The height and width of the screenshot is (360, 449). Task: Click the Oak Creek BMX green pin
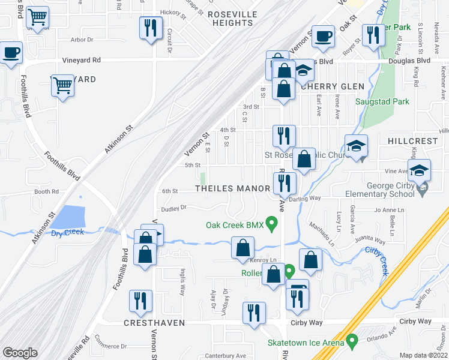(x=271, y=226)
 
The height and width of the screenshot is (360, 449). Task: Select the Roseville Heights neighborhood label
(x=232, y=19)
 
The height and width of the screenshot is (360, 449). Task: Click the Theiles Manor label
(x=233, y=188)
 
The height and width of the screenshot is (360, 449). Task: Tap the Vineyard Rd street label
(x=82, y=60)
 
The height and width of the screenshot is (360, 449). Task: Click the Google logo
(x=20, y=353)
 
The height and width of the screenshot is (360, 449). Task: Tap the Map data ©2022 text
(x=424, y=355)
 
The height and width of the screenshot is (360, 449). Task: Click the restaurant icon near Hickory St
(x=151, y=28)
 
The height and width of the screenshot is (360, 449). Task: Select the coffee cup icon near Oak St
(x=323, y=36)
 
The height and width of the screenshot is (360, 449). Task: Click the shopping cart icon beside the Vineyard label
(x=62, y=86)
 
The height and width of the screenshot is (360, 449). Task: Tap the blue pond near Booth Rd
(x=71, y=218)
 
